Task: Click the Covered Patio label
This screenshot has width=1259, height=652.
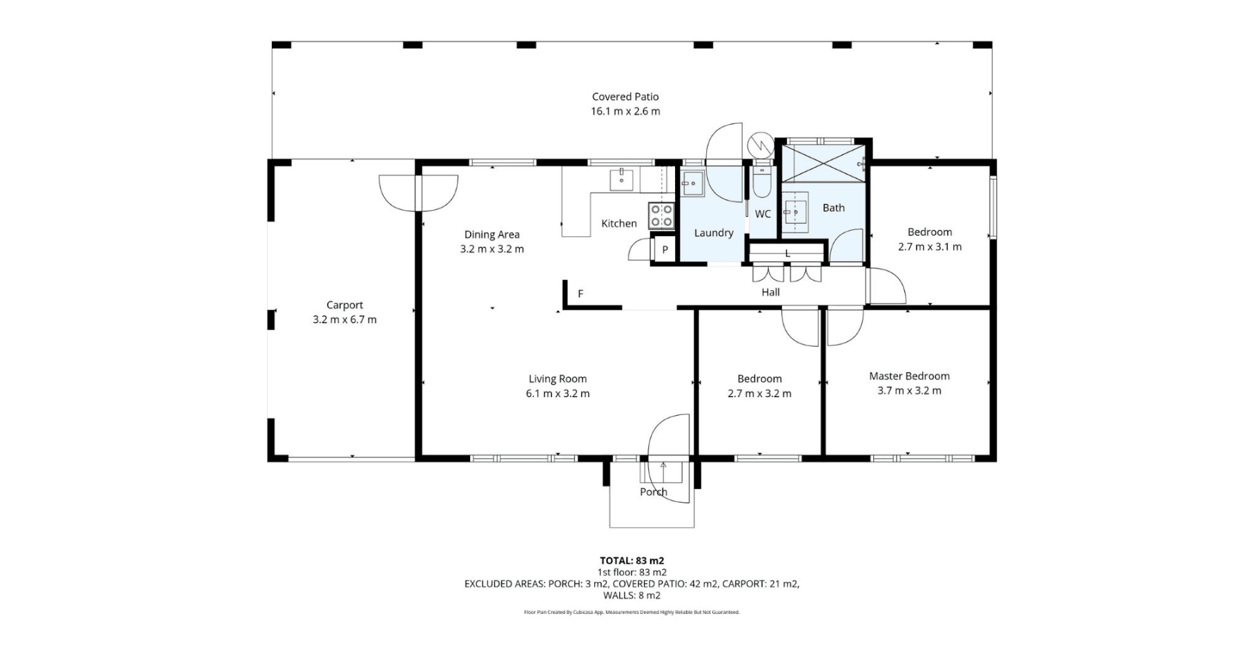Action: (x=625, y=97)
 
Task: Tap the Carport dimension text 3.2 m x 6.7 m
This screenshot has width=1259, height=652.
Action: (x=344, y=319)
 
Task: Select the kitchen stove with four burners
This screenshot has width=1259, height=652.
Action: (x=661, y=215)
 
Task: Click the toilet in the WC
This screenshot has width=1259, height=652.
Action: (x=762, y=180)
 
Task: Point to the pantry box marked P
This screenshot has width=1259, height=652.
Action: (x=665, y=249)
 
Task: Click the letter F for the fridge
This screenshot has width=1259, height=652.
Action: (x=580, y=294)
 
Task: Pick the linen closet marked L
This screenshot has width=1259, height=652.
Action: (x=788, y=253)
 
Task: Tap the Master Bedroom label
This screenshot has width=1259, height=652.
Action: (x=909, y=376)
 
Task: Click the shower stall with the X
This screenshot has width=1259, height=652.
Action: (x=823, y=163)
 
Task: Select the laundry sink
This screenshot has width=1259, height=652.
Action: (x=692, y=183)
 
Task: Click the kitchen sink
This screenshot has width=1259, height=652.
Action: (x=621, y=179)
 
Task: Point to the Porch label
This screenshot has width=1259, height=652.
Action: (x=653, y=492)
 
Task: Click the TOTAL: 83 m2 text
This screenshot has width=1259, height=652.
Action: (x=632, y=561)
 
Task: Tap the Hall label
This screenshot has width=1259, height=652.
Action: (x=770, y=292)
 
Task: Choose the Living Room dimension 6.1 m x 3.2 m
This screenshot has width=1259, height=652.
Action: (x=558, y=394)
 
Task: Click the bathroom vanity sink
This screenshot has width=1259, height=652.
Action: (x=795, y=212)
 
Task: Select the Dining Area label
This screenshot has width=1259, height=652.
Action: (x=491, y=234)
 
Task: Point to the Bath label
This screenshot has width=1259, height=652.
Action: (x=833, y=207)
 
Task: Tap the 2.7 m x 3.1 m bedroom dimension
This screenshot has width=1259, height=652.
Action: (x=929, y=247)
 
